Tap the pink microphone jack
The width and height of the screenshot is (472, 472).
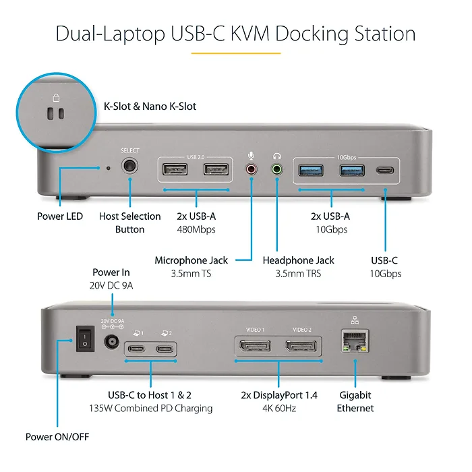click(252, 170)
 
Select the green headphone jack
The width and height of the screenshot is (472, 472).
click(276, 170)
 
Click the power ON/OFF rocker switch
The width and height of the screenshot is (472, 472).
click(85, 339)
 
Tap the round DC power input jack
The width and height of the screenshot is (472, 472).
click(111, 342)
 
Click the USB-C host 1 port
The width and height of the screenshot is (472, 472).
click(137, 349)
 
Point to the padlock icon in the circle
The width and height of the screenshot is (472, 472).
click(55, 97)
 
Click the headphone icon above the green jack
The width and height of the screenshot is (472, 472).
click(276, 155)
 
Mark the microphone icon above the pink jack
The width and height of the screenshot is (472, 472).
click(252, 155)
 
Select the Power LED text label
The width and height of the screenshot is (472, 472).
click(60, 216)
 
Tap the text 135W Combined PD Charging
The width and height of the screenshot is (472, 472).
click(150, 408)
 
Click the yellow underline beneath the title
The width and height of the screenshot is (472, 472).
click(236, 53)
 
